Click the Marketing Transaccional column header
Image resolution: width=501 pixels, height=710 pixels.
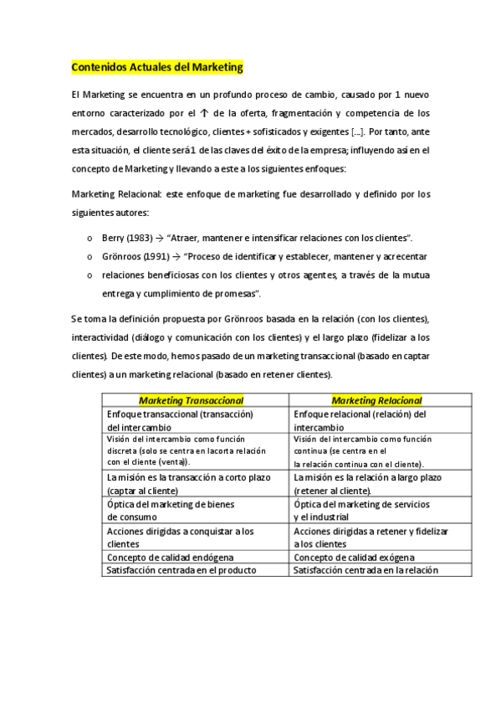tap(191, 400)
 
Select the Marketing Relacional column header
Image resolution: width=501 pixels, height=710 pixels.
tap(376, 400)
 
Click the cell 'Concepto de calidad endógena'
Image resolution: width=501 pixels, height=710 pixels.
tap(171, 558)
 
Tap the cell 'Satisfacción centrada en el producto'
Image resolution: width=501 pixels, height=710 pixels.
tap(181, 571)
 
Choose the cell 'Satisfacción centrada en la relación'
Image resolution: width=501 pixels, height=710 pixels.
tap(366, 571)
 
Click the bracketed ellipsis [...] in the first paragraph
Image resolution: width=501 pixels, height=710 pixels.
tap(357, 131)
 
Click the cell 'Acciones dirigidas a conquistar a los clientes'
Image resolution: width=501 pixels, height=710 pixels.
tap(180, 538)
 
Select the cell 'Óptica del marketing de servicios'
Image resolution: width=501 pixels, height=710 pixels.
tap(361, 506)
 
